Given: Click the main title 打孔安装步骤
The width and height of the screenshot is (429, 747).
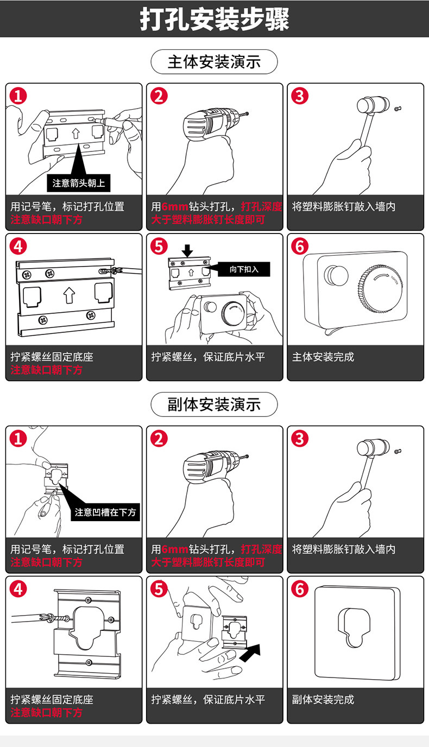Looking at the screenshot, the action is (x=214, y=19).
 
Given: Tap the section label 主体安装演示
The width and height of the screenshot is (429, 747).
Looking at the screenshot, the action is (x=214, y=62).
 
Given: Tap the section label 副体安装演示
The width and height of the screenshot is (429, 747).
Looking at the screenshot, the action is (x=214, y=404).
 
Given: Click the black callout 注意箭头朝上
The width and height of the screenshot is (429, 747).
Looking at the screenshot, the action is (x=79, y=183).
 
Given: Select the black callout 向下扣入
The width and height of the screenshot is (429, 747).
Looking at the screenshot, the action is (x=244, y=269).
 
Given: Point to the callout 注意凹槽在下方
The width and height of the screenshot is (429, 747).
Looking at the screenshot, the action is (x=105, y=512).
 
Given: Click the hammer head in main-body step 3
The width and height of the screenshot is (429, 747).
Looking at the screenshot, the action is (x=373, y=105).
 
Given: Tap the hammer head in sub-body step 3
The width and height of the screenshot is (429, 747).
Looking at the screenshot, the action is (x=373, y=447).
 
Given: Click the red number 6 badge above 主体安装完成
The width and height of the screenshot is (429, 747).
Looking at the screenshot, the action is (x=300, y=246).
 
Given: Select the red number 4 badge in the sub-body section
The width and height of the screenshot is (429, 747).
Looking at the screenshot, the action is (x=18, y=589).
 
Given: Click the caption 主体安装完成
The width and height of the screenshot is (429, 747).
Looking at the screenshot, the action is (x=323, y=357).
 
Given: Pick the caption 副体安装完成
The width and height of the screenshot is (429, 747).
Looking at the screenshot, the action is (x=323, y=699).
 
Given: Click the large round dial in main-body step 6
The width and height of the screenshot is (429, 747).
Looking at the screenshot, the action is (x=380, y=286).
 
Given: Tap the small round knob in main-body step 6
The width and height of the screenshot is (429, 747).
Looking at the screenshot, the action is (x=336, y=275).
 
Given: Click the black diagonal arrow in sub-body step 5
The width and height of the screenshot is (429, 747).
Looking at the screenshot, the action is (x=250, y=653).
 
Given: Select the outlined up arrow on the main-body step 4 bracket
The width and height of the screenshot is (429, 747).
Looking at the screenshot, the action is (x=69, y=295).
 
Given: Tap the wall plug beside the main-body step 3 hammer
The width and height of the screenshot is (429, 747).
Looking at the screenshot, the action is (x=398, y=108).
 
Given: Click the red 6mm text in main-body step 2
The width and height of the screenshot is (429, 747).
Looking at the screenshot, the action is (x=175, y=207).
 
